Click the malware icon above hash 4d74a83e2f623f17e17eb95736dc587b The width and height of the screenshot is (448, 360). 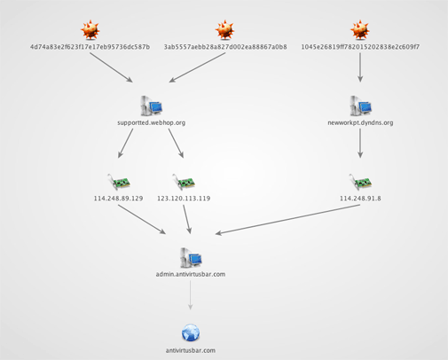click(90, 30)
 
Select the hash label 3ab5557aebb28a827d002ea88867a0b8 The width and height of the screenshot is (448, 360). click(225, 47)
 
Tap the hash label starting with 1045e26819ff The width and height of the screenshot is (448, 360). click(360, 47)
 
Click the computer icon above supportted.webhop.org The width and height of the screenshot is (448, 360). click(152, 106)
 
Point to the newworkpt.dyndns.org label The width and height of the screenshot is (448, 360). click(360, 122)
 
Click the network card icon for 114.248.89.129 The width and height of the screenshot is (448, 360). click(119, 182)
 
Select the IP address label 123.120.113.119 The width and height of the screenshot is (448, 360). click(184, 199)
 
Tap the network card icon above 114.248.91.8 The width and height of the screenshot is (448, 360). click(360, 182)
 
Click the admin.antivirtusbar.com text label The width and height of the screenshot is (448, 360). click(191, 274)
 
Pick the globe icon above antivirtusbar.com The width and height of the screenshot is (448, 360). click(191, 333)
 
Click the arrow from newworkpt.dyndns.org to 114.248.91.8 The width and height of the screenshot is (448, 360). click(360, 144)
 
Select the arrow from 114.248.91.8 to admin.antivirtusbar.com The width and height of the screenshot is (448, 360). click(287, 219)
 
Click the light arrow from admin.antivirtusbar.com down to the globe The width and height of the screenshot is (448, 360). click(191, 295)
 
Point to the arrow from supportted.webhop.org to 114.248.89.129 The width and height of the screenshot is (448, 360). click(125, 144)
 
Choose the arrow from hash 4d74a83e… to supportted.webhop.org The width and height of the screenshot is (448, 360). click(111, 67)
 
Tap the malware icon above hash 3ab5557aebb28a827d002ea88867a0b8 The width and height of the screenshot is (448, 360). click(225, 30)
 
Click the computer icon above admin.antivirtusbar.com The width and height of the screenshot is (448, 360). click(191, 257)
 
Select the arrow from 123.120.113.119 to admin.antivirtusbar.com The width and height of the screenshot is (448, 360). click(187, 219)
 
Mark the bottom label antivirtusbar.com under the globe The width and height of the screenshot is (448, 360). click(191, 350)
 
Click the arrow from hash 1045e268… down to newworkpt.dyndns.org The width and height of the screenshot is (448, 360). click(360, 67)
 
